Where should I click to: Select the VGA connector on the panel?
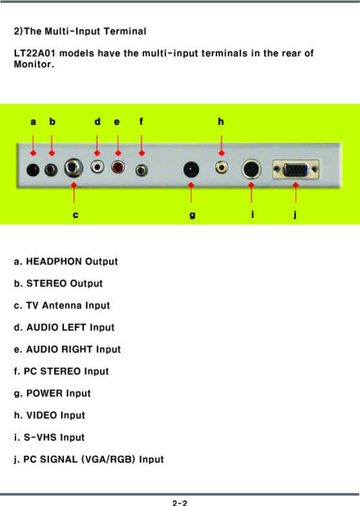[x=295, y=170]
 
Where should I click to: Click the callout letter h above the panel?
[x=220, y=122]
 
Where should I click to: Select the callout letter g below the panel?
[x=192, y=216]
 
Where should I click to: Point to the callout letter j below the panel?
[x=295, y=216]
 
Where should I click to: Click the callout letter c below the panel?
[x=74, y=216]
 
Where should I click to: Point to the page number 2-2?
[x=180, y=502]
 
